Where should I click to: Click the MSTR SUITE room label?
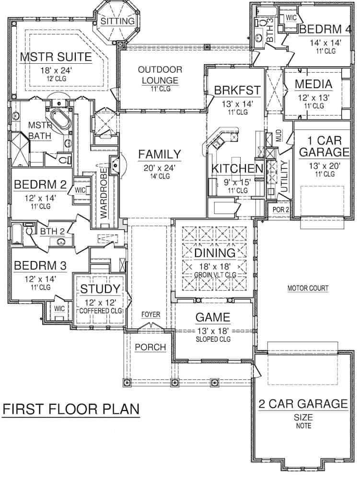pos(56,57)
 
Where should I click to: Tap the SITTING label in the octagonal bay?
pos(117,21)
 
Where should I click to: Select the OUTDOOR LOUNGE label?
pos(158,75)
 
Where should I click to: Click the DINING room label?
pos(214,252)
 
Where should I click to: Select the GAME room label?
pos(213,318)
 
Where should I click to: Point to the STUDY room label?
pos(99,289)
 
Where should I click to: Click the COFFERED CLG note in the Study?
pos(99,310)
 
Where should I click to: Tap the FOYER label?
pos(151,315)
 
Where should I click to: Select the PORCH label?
pos(150,347)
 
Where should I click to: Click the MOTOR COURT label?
pos(307,288)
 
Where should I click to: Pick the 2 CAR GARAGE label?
pos(303,404)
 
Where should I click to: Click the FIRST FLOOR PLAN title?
pos(71,410)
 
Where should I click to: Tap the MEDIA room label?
pos(314,84)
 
